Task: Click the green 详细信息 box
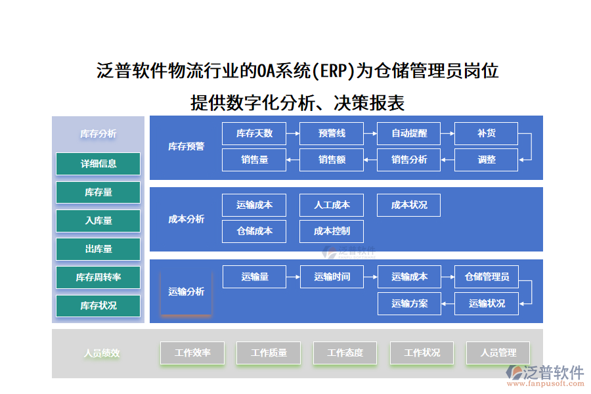click(x=98, y=164)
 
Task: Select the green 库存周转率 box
click(x=98, y=277)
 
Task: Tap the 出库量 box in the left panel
click(x=98, y=249)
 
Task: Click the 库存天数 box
click(x=254, y=133)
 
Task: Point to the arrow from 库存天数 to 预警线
click(x=293, y=133)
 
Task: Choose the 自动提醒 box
click(x=409, y=133)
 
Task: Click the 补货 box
click(x=486, y=133)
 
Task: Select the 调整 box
click(x=486, y=160)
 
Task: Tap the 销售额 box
click(x=332, y=160)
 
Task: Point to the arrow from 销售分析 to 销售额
click(x=370, y=160)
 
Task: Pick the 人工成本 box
click(x=332, y=205)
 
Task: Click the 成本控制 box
click(x=332, y=231)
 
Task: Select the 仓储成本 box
click(x=254, y=231)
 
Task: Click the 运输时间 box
click(x=332, y=276)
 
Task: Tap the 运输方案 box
click(x=409, y=303)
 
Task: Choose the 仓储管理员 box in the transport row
click(x=486, y=276)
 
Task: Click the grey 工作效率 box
click(x=192, y=353)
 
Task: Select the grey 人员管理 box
click(x=498, y=353)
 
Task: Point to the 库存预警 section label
click(x=186, y=146)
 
